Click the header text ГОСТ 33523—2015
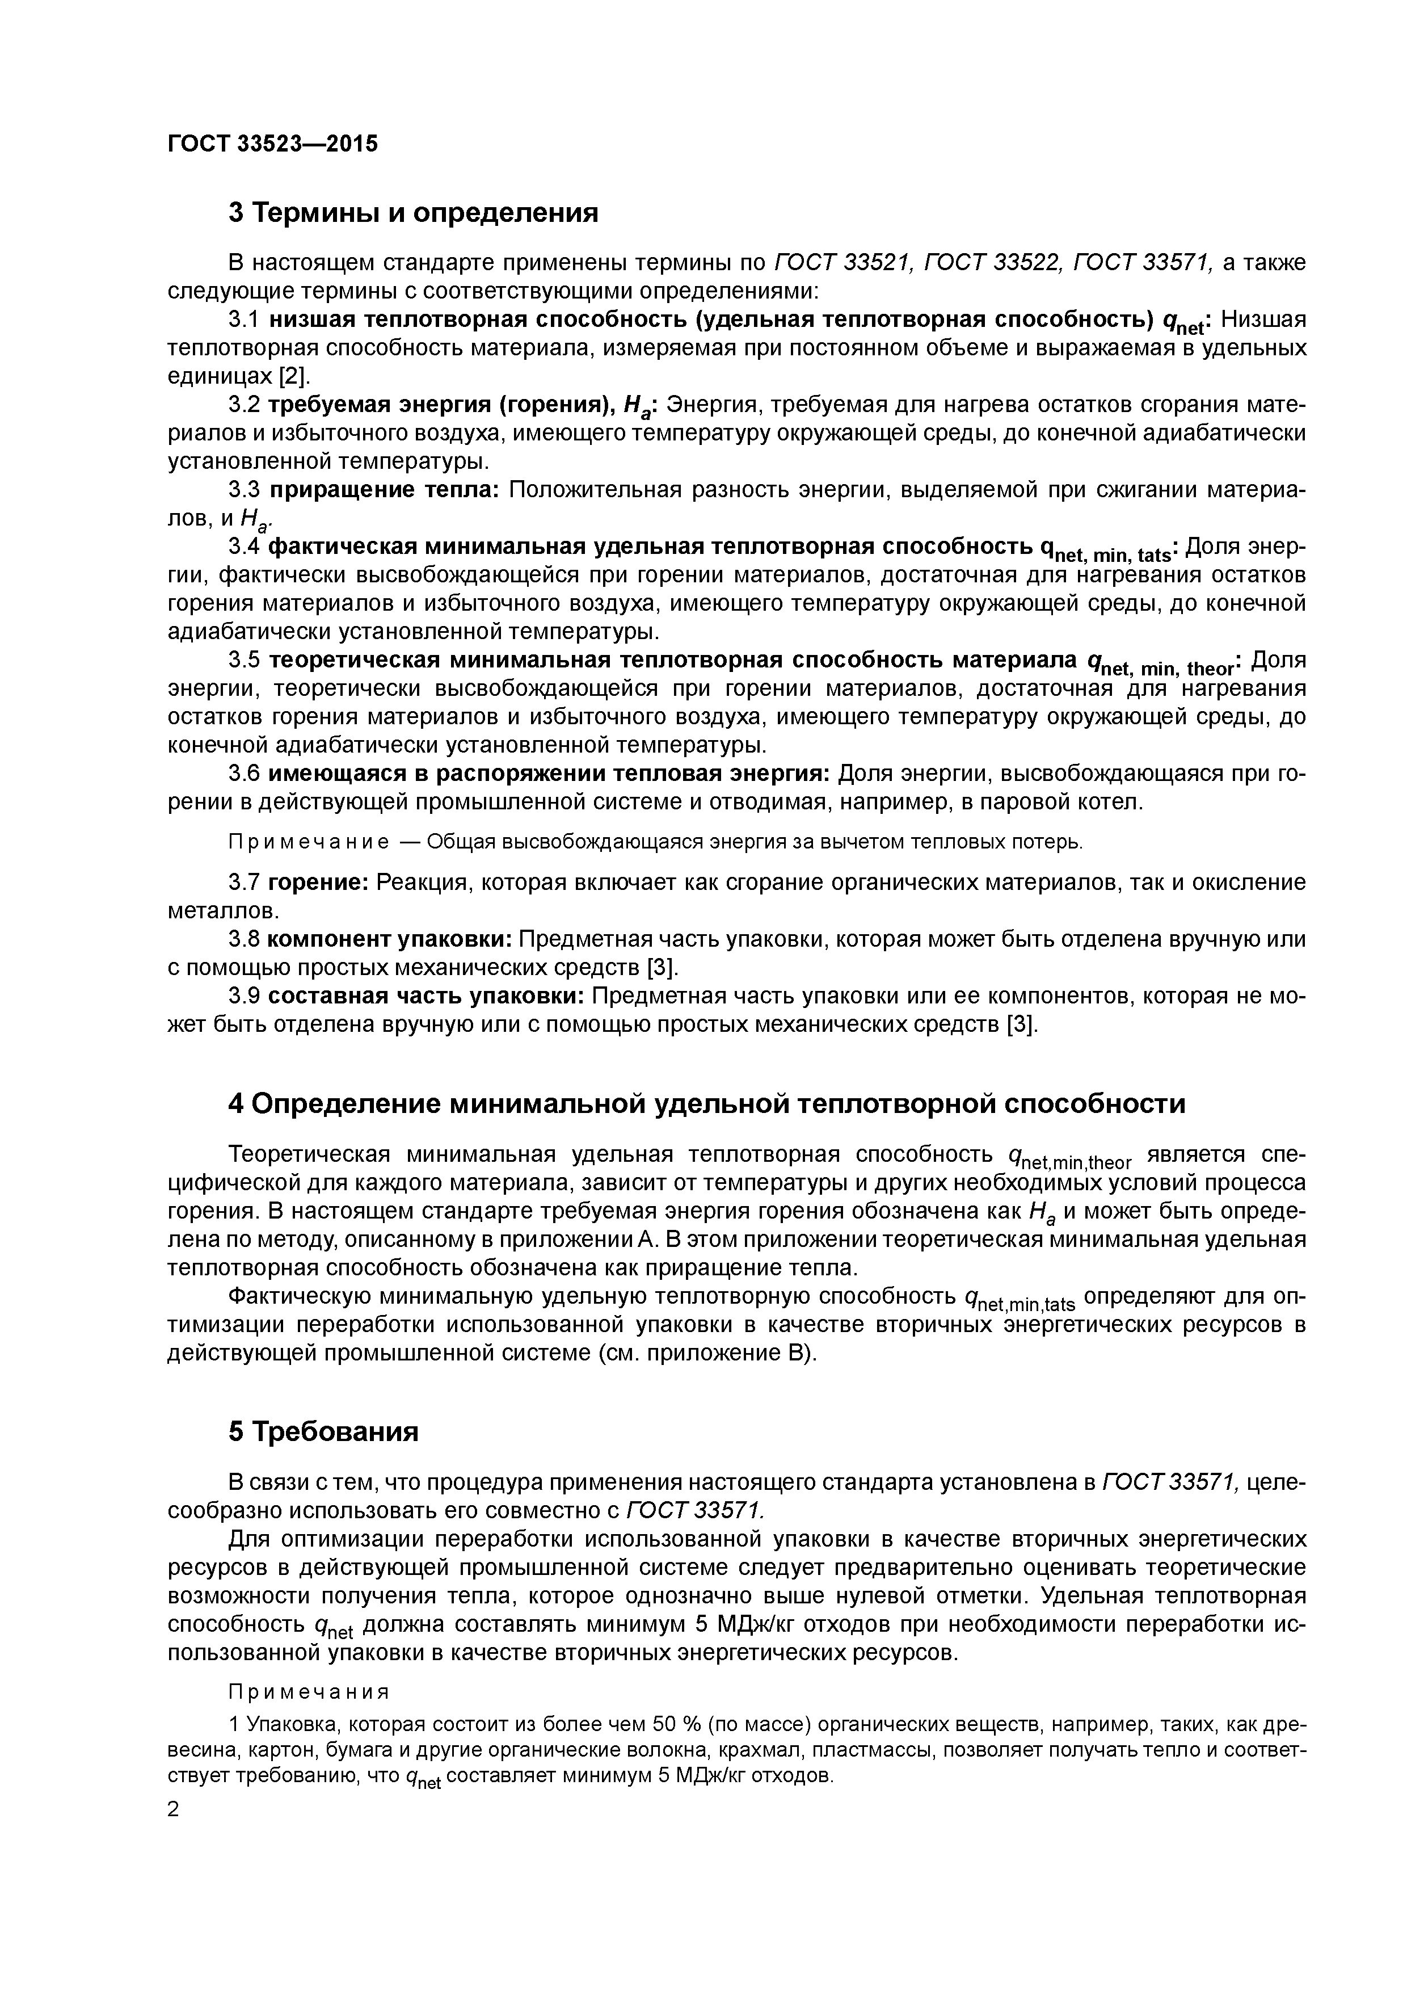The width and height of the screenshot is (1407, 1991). coord(272,144)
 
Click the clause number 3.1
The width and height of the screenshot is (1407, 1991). coord(243,320)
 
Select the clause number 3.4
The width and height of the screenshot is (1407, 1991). coord(243,547)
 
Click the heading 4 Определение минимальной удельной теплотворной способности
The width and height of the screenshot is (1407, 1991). coord(706,1104)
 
